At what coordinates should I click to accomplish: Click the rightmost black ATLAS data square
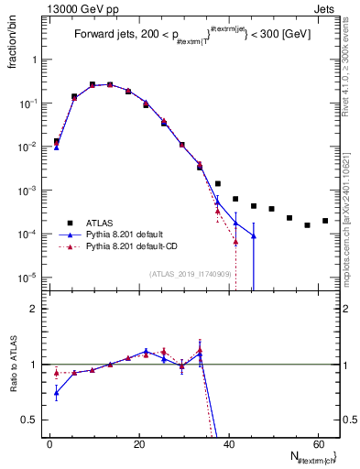(325, 221)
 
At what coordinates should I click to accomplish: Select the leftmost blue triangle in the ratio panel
(57, 394)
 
